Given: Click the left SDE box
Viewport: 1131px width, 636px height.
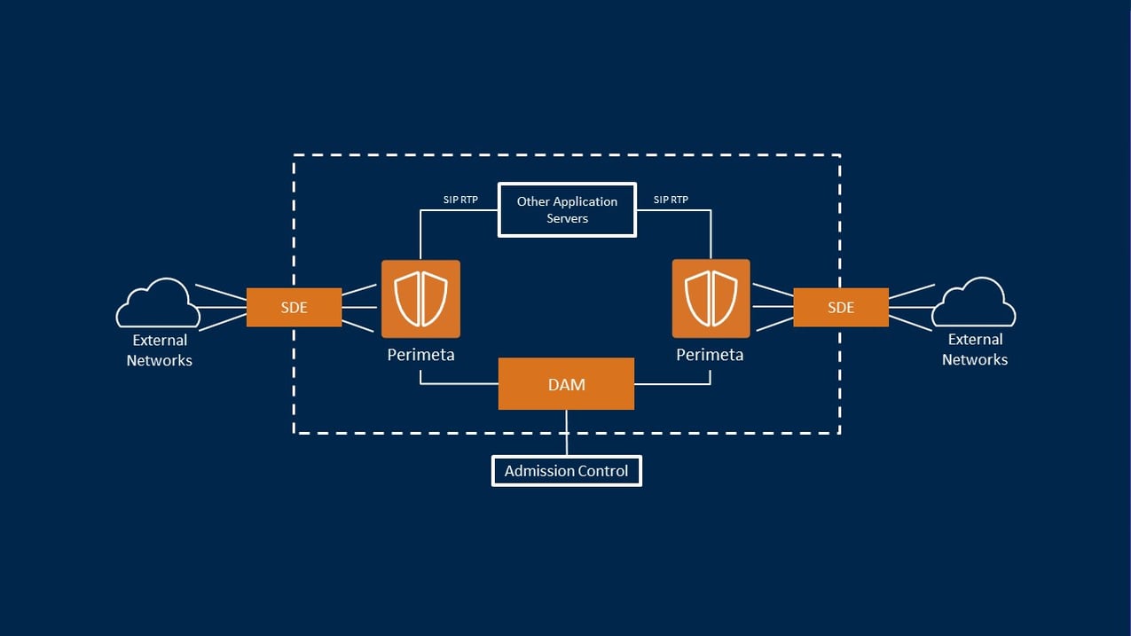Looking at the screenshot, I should point(294,307).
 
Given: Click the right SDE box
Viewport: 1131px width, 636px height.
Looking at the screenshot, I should point(840,307).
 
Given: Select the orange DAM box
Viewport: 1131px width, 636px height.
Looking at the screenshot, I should point(566,384).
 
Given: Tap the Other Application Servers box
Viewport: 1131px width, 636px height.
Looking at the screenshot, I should point(567,209).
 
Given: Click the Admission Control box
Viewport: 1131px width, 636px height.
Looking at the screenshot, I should point(566,471).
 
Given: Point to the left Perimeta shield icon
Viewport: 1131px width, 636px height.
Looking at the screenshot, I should point(420,299).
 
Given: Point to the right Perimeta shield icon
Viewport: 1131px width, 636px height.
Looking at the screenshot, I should point(711,299).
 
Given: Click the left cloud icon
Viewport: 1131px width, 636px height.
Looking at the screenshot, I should point(158,304).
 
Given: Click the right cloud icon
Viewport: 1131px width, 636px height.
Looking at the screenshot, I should point(973,303).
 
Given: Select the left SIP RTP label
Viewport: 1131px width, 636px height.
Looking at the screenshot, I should point(460,200).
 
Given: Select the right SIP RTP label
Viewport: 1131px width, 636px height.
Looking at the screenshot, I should point(671,200).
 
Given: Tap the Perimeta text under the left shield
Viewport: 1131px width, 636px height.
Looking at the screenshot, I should point(420,355).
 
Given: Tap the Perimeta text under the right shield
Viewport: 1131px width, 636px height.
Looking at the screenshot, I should point(710,355).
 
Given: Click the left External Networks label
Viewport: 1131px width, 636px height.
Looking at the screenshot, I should point(160,350).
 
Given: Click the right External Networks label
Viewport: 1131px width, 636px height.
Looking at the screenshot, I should point(975,349).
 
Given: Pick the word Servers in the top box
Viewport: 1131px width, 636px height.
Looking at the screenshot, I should point(567,218).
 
